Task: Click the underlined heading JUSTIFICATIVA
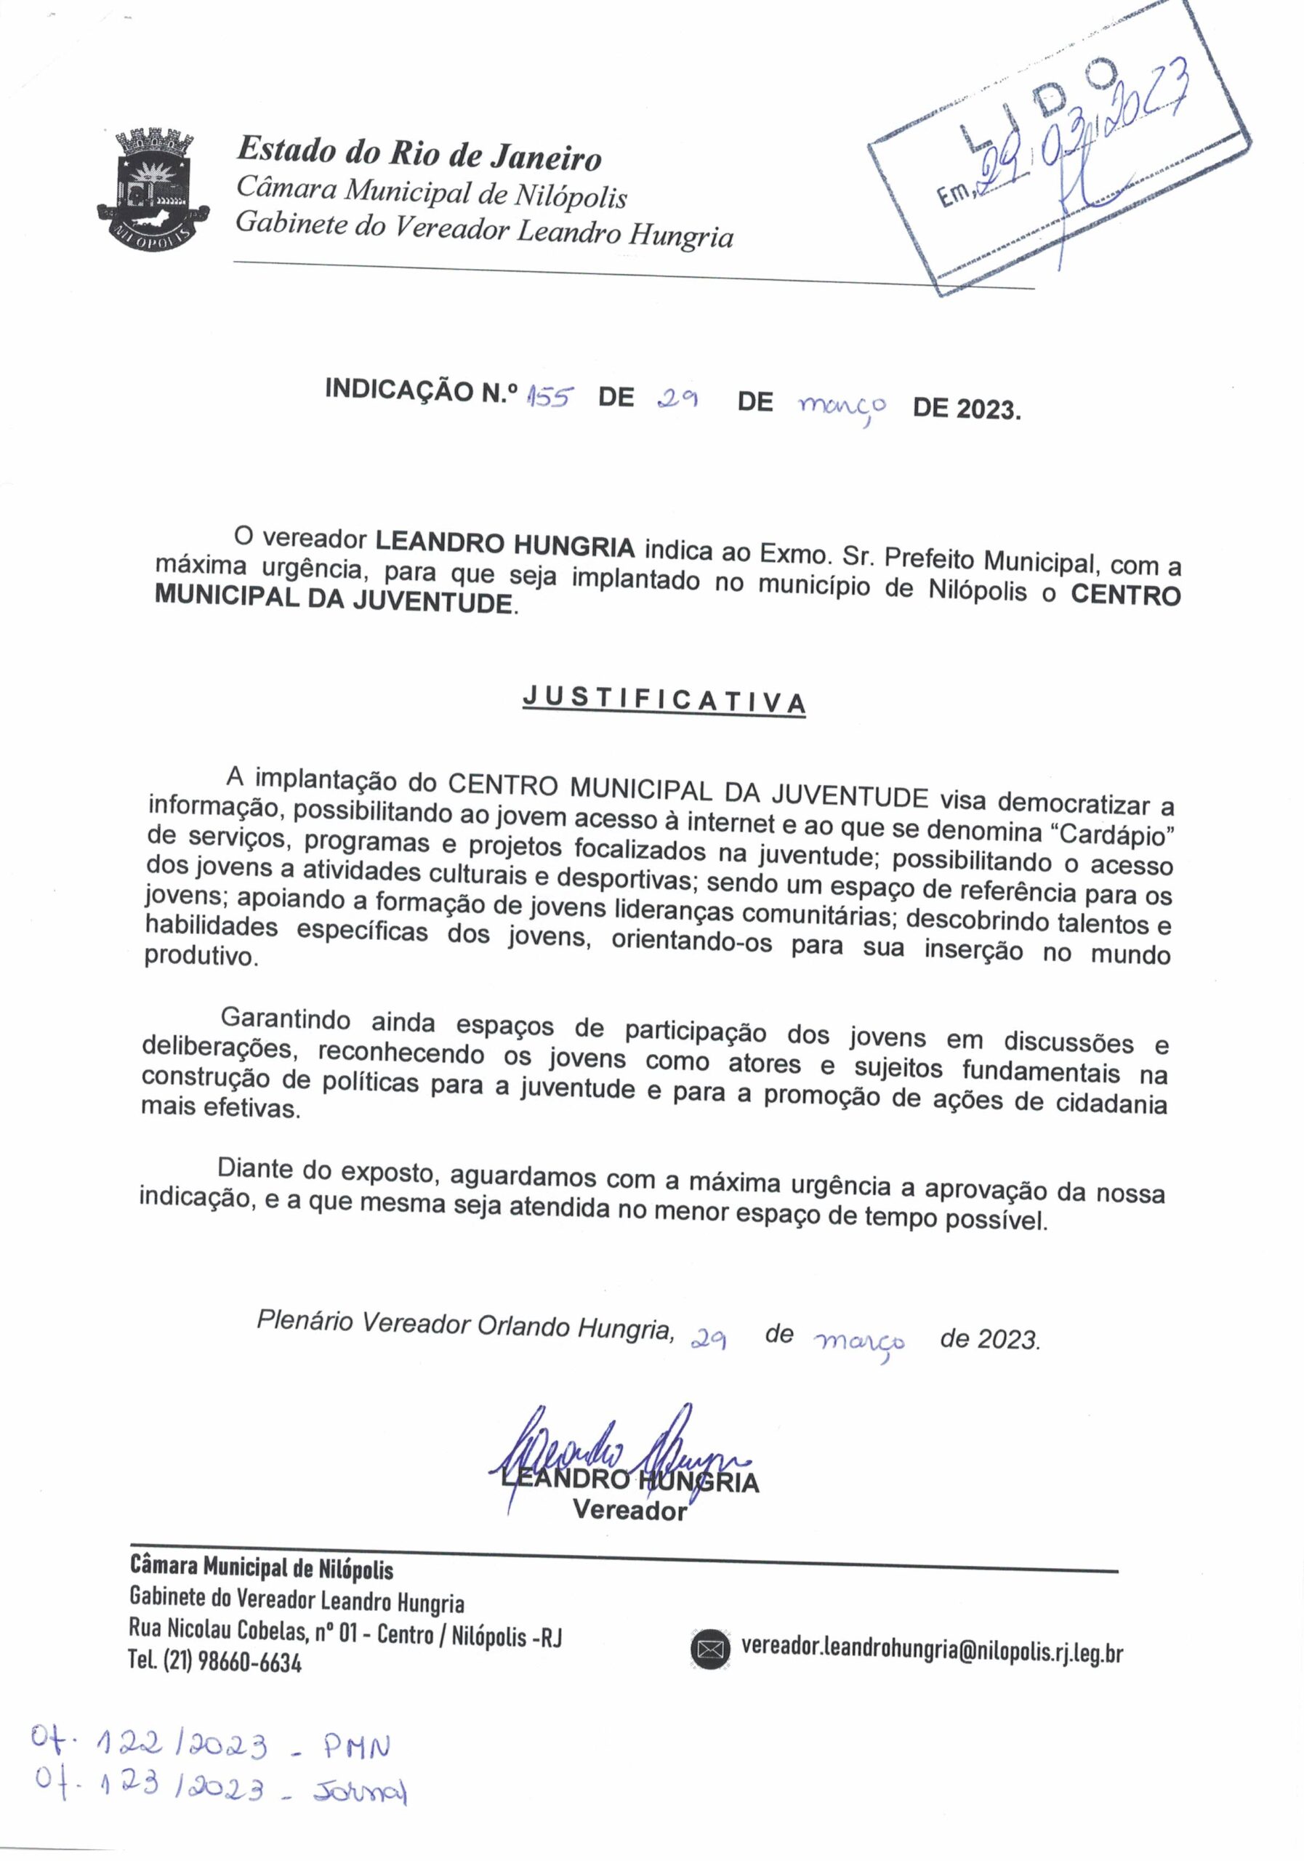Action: [664, 699]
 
